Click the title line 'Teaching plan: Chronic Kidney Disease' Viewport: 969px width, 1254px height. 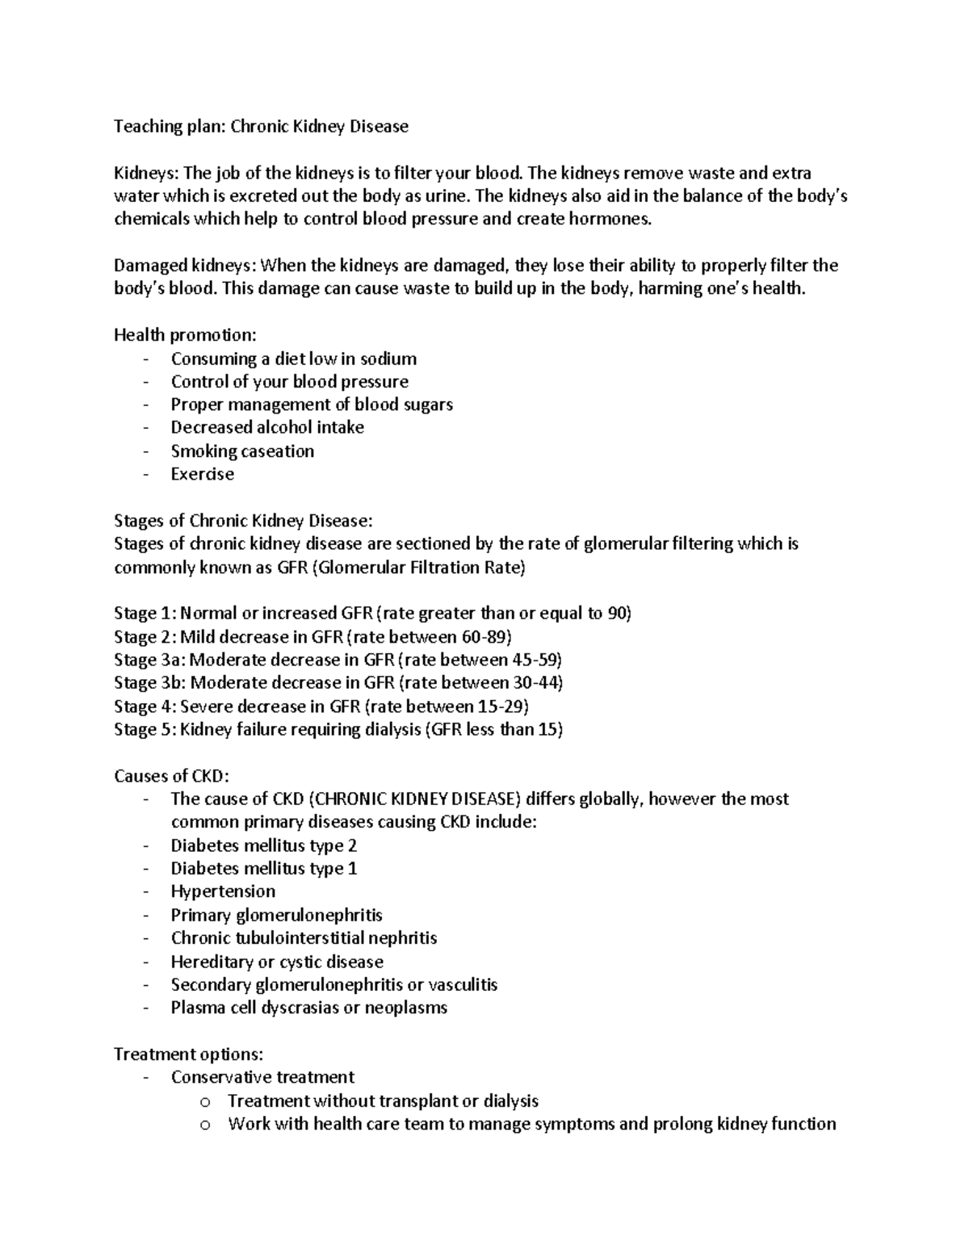(261, 127)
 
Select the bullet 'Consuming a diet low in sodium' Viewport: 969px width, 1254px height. (293, 359)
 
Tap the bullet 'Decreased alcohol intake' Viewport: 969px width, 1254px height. (267, 427)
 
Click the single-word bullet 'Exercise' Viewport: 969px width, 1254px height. (202, 474)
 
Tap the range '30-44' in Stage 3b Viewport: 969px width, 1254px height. (534, 683)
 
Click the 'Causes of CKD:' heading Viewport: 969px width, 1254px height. (172, 777)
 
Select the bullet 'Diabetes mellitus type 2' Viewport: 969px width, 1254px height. (263, 845)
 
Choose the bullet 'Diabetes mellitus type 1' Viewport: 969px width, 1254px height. (263, 869)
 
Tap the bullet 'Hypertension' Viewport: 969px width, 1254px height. (223, 891)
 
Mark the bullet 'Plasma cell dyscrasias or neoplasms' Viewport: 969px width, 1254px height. (308, 1008)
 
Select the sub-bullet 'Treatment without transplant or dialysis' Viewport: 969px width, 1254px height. (383, 1101)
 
